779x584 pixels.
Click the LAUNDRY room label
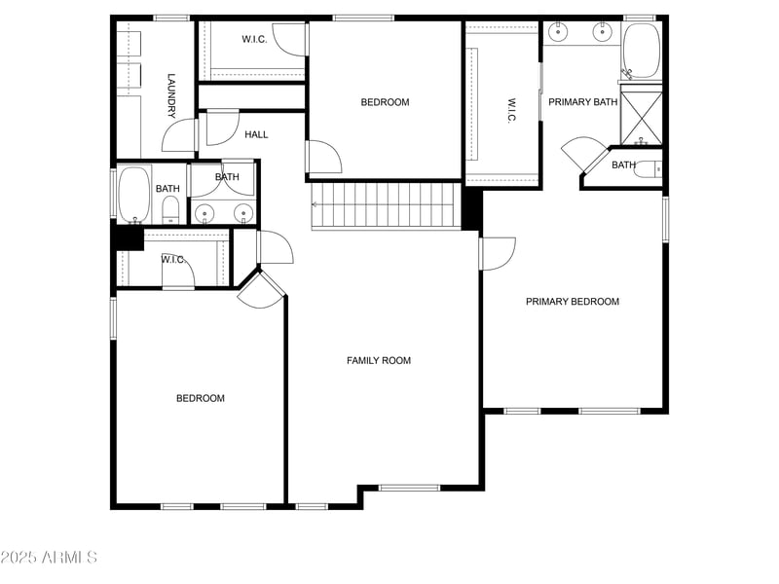[x=170, y=94]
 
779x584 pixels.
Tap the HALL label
[x=256, y=134]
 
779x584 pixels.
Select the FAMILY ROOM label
[x=379, y=360]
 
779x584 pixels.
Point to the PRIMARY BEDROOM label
[x=573, y=302]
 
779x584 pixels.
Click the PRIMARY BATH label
[x=582, y=102]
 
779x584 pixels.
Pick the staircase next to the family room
[x=384, y=204]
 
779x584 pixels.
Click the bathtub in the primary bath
[x=641, y=50]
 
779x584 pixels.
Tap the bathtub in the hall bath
[x=133, y=195]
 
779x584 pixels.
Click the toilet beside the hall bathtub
[x=170, y=208]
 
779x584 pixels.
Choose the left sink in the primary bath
[x=559, y=33]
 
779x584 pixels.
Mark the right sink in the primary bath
[x=602, y=33]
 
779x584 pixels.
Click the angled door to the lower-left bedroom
[x=260, y=289]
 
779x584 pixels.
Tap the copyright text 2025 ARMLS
[x=49, y=558]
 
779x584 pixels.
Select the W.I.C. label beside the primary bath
[x=511, y=109]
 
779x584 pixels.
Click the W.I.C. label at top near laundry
[x=254, y=39]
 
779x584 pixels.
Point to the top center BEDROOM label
[x=385, y=102]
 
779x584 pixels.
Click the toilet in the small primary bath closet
[x=649, y=168]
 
